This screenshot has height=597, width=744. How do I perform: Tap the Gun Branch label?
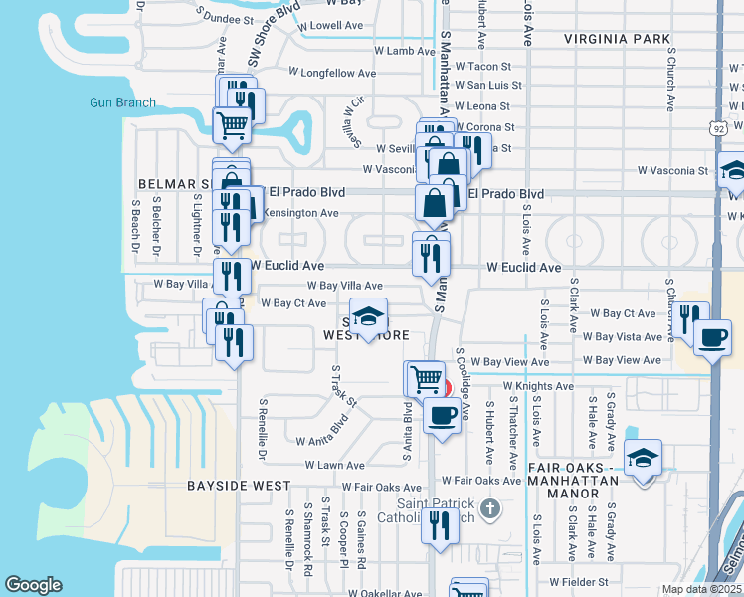(122, 102)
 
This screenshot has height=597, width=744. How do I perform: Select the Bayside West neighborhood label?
(239, 486)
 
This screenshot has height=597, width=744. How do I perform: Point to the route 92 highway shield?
(719, 128)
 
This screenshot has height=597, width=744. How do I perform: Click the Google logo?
(33, 585)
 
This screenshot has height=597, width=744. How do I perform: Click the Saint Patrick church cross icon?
(489, 510)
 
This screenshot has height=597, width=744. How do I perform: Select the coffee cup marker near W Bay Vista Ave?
(712, 336)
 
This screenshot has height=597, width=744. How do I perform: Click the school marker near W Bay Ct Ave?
(368, 316)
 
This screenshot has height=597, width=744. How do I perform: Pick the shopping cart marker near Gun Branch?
(233, 125)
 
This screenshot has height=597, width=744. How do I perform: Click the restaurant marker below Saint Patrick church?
(439, 525)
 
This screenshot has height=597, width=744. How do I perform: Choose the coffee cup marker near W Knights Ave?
(443, 412)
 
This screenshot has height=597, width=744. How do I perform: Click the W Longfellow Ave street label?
(332, 73)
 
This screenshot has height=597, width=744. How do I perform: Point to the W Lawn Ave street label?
(334, 465)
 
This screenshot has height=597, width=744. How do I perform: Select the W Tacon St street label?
(481, 66)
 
